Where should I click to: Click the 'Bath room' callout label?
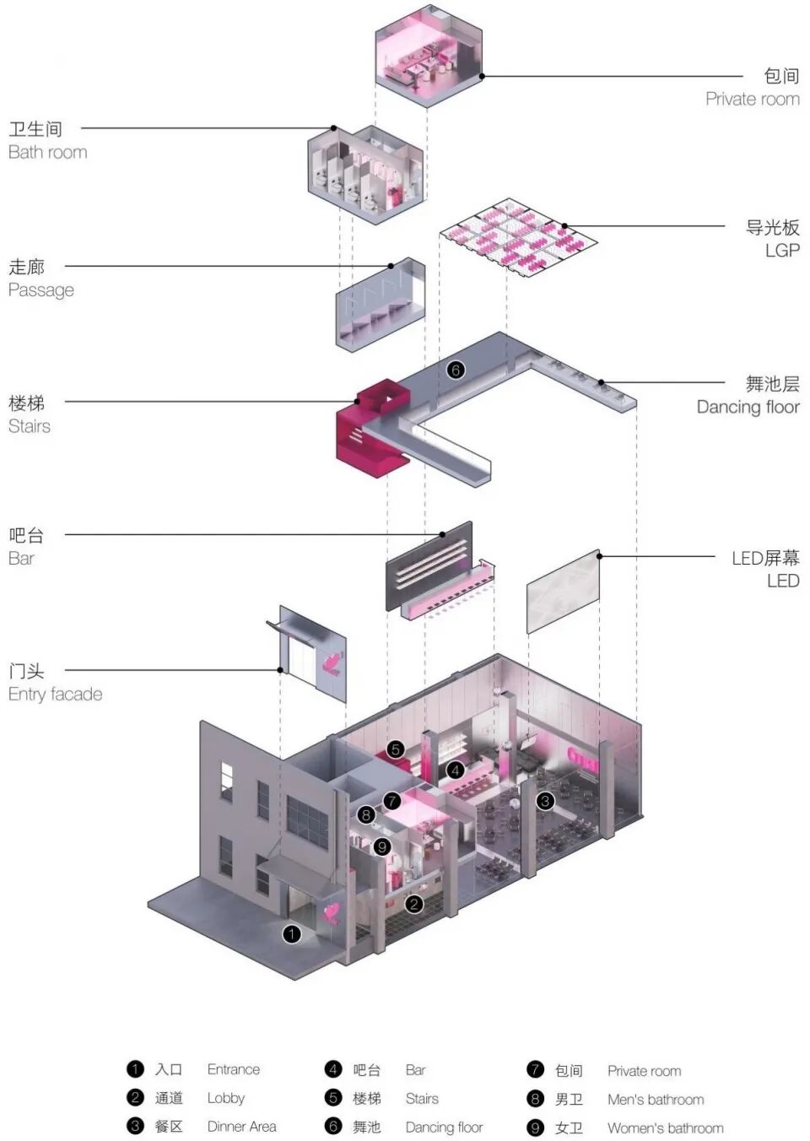pos(47,153)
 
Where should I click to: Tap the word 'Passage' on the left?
pos(41,290)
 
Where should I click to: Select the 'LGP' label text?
pos(781,251)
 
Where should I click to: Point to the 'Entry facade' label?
pos(55,695)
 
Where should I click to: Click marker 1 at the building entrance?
pos(291,933)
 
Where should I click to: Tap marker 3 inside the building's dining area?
pos(545,801)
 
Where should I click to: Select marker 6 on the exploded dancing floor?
pos(456,370)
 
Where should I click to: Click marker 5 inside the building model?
pos(396,749)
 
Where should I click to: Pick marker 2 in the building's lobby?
pos(413,904)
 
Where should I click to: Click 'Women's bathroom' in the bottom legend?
pos(665,1127)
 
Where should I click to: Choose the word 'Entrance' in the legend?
pos(234,1069)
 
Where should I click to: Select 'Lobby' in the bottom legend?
pos(226,1098)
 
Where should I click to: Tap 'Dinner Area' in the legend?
pos(241,1127)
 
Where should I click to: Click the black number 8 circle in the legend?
pos(535,1099)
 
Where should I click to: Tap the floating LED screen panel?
pos(563,592)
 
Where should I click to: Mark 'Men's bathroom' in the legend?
pos(656,1100)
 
